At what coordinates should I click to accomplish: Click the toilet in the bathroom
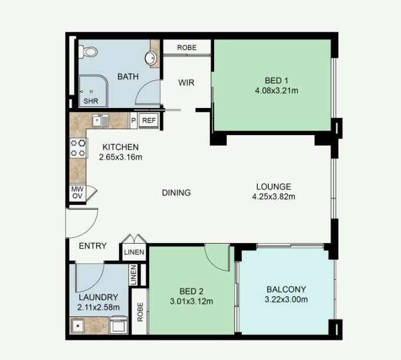[x=88, y=52]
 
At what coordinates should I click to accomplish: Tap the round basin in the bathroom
[x=150, y=58]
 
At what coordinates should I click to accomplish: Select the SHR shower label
[x=91, y=101]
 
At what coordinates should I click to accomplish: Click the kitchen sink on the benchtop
[x=100, y=120]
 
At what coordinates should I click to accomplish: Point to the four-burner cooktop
[x=78, y=148]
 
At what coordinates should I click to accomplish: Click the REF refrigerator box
[x=149, y=120]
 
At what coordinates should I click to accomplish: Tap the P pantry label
[x=133, y=120]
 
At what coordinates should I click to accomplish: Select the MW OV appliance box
[x=77, y=192]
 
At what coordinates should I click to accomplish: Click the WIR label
[x=186, y=83]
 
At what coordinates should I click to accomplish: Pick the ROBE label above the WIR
[x=187, y=48]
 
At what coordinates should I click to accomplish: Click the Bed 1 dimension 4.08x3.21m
[x=277, y=90]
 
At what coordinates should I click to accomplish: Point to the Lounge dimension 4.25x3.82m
[x=274, y=197]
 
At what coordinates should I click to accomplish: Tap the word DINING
[x=176, y=192]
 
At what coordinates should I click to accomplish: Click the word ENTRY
[x=93, y=246]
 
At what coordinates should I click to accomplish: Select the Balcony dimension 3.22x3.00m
[x=286, y=299]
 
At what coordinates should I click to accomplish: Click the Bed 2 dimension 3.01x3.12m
[x=192, y=301]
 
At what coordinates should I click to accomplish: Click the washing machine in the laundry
[x=119, y=325]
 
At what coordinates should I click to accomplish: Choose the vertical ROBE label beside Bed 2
[x=140, y=312]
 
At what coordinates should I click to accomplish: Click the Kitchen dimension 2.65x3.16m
[x=120, y=157]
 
